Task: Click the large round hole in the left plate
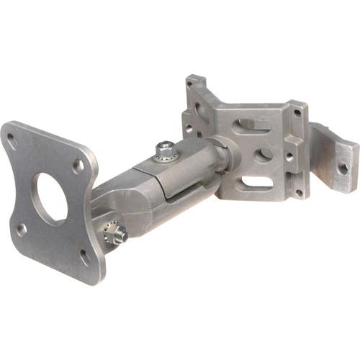(49, 194)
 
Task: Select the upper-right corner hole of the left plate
(77, 166)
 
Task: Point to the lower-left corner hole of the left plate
(22, 229)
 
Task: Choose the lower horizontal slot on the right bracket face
(258, 181)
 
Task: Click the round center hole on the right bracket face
(262, 153)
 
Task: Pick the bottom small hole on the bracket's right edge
(297, 193)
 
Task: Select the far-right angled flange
(335, 158)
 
